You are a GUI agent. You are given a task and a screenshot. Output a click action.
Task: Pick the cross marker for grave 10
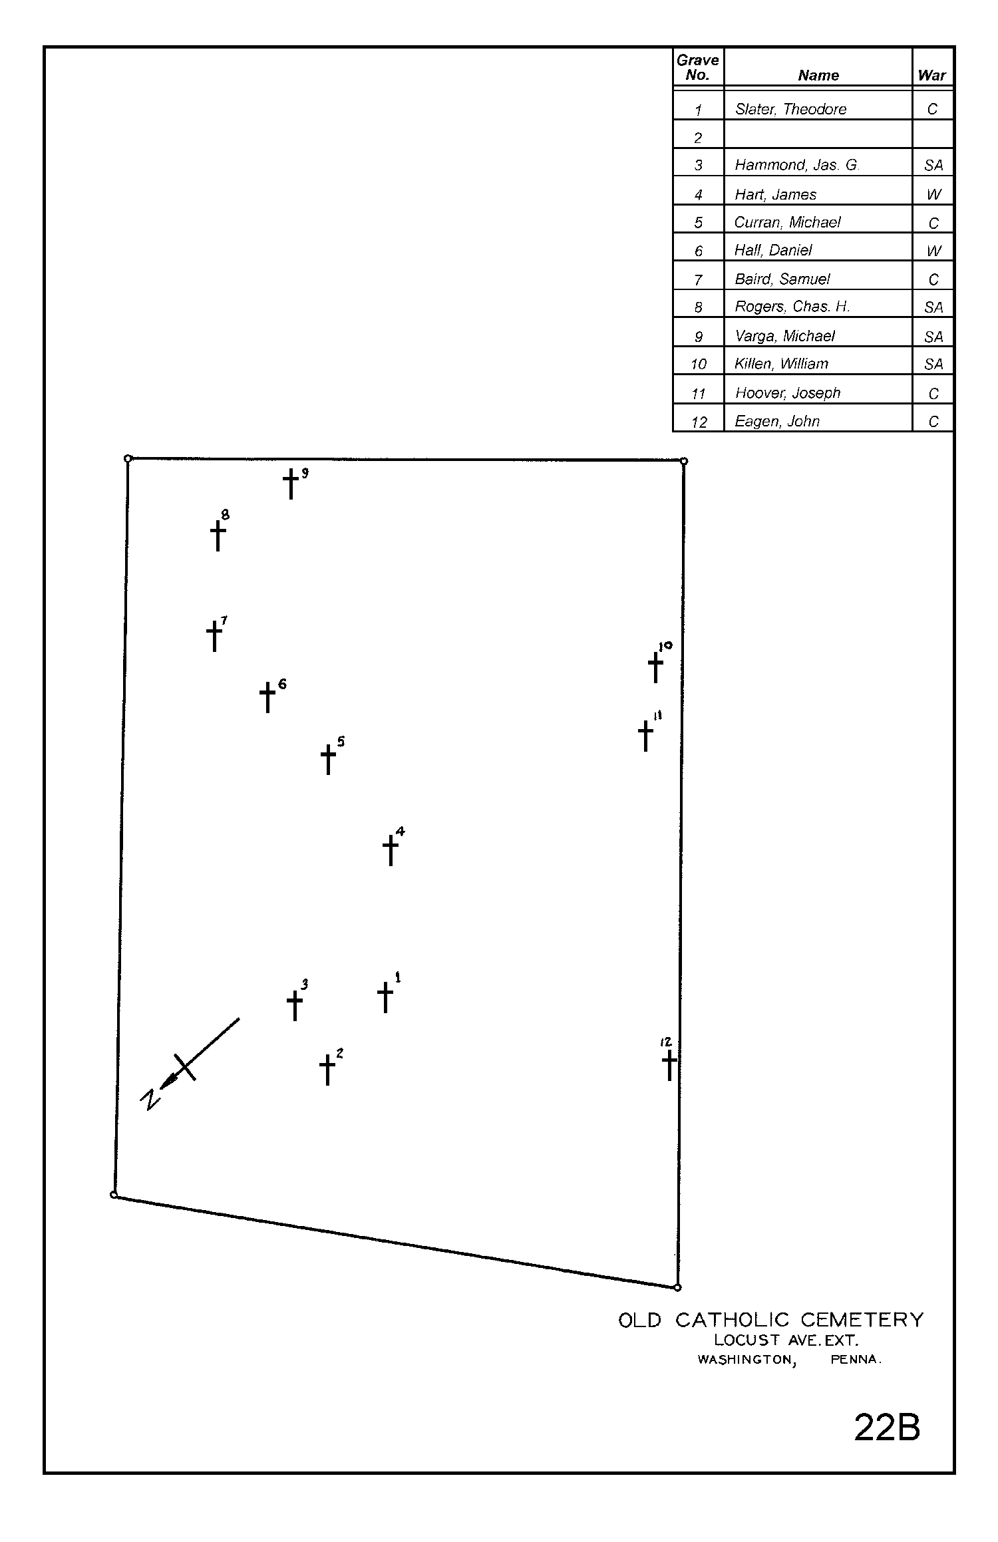coord(656,665)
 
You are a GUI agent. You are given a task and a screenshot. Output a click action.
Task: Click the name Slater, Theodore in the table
coord(790,109)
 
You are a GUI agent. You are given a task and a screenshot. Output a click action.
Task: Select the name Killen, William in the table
coord(781,364)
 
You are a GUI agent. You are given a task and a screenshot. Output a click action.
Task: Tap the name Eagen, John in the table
coord(776,421)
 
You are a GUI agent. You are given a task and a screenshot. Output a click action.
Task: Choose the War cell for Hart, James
coord(933,194)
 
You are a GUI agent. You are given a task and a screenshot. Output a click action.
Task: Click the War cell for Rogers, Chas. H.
coord(933,307)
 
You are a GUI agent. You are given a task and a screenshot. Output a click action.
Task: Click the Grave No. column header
coord(697,67)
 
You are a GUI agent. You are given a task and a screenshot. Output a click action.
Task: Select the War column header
coord(931,75)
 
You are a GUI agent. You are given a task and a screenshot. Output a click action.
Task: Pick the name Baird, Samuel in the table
coord(782,279)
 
